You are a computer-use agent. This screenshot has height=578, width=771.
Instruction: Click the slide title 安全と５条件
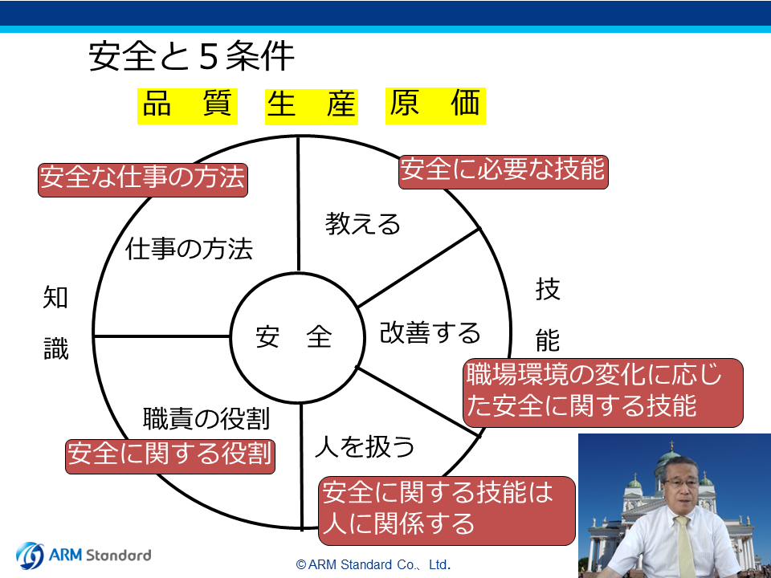click(191, 56)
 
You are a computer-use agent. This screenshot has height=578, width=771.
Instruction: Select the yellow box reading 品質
click(187, 106)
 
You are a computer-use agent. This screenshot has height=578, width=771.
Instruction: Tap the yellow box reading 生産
click(312, 107)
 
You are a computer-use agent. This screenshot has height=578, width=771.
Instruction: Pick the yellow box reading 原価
click(435, 106)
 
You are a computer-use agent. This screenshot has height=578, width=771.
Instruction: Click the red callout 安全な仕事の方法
click(143, 180)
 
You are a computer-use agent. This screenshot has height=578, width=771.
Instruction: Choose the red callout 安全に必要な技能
click(503, 172)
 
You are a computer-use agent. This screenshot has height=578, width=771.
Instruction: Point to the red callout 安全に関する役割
click(170, 457)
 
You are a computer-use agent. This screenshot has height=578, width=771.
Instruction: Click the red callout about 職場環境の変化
click(603, 393)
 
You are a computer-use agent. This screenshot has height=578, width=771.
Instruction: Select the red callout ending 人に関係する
click(447, 511)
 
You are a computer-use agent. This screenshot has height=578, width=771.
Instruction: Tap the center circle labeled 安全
click(297, 338)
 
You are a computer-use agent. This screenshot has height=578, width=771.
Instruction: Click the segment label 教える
click(362, 224)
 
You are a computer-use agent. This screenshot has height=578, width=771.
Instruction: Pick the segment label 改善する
click(430, 332)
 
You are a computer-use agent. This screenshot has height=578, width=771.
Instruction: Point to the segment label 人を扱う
click(365, 446)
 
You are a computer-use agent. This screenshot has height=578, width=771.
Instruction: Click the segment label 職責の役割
click(206, 419)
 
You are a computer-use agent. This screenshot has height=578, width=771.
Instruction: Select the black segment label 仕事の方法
click(190, 248)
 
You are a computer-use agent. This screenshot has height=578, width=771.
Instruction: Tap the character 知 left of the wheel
click(55, 297)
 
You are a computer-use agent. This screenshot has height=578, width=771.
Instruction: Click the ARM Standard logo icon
click(30, 556)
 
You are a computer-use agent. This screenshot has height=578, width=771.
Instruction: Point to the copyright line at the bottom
click(373, 564)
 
